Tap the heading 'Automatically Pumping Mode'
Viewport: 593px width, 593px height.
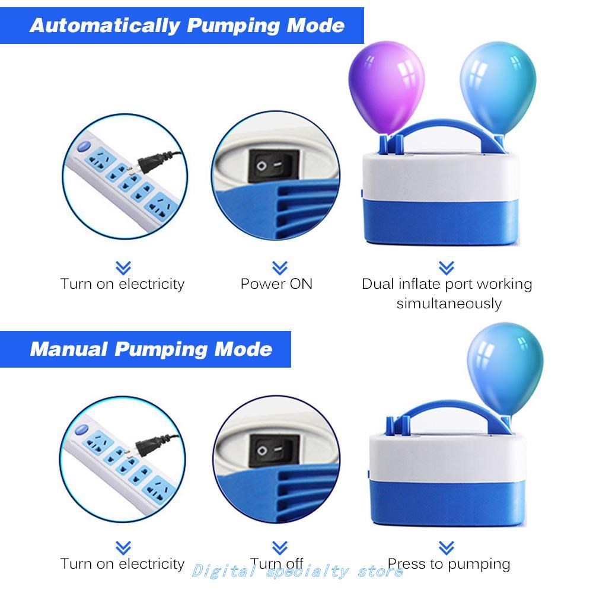point(187,25)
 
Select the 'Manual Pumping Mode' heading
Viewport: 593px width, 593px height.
point(151,349)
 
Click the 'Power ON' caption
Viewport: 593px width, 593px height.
point(276,284)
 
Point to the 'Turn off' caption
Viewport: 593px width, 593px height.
point(276,563)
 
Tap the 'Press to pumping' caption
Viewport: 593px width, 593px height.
point(449,563)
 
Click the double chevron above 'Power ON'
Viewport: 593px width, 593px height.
point(279,267)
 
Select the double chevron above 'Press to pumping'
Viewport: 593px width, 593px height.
point(446,547)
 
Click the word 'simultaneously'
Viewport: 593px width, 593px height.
point(449,304)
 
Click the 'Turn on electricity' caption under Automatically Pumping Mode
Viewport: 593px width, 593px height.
point(123,284)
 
